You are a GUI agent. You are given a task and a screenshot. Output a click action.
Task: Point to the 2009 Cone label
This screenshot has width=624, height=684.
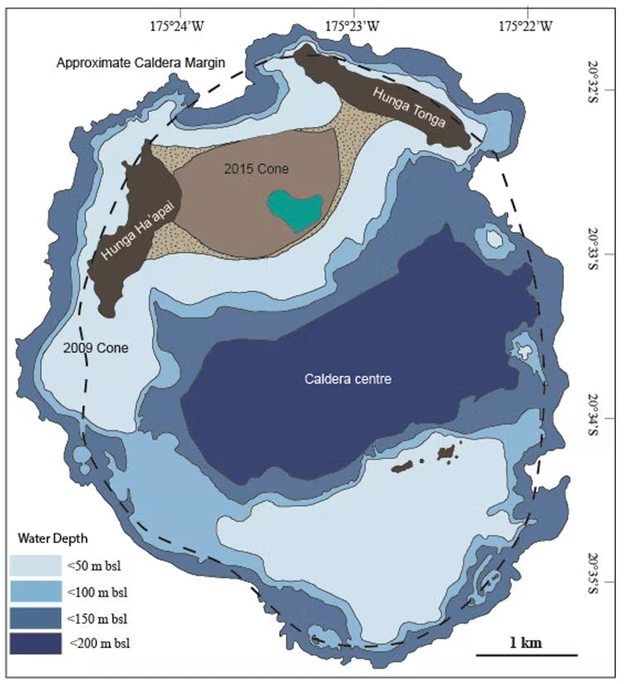96,348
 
